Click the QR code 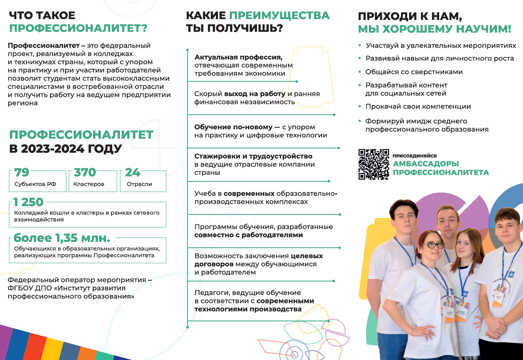point(373,164)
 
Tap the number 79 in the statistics point(22,172)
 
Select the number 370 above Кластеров point(85,172)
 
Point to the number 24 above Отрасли point(133,172)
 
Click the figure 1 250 point(28,202)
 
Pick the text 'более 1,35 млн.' point(62,238)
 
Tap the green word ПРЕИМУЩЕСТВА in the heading point(279,15)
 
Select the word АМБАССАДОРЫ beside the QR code point(425,164)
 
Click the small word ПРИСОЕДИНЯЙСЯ point(414,156)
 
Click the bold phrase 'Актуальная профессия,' point(238,57)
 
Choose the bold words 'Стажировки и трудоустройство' point(253,156)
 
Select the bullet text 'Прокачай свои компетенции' point(418,107)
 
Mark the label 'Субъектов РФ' point(35,184)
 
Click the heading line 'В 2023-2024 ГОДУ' point(65,149)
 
